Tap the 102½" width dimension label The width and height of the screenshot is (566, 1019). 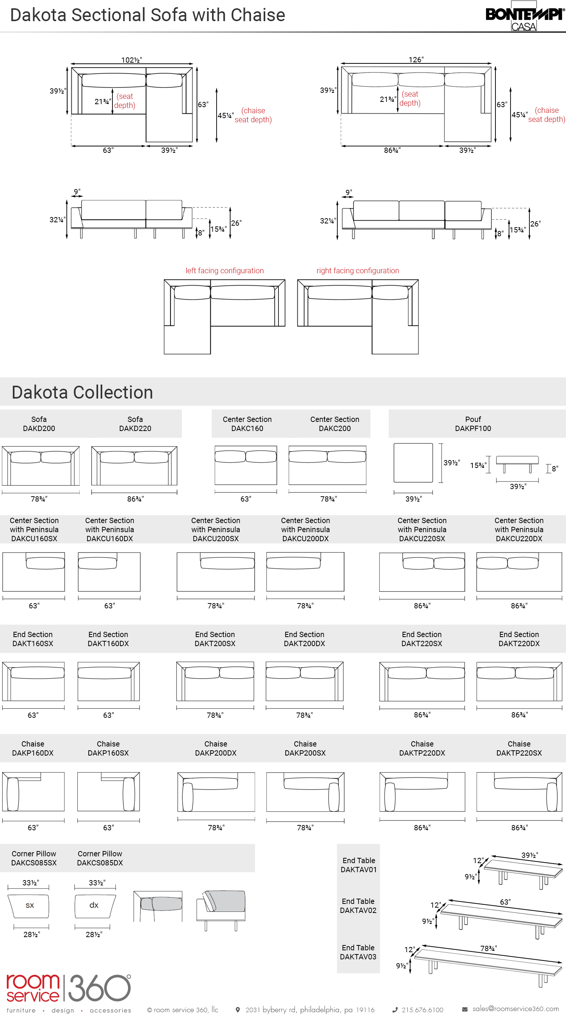(x=131, y=60)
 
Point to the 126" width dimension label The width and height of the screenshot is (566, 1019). (x=416, y=60)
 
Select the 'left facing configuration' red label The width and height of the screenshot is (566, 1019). (x=224, y=271)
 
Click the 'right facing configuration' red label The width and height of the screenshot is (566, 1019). (x=358, y=271)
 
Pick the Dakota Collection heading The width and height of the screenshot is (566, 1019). (x=82, y=393)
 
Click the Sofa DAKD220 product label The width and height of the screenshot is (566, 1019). (x=135, y=424)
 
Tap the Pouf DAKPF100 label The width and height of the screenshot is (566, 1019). (x=473, y=424)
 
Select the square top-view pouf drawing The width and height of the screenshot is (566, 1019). (x=413, y=462)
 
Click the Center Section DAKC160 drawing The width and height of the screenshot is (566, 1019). (x=246, y=465)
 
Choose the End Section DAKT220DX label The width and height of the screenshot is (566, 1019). (x=519, y=639)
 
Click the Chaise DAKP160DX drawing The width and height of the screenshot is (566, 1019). (x=33, y=791)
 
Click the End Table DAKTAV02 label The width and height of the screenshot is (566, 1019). (x=358, y=905)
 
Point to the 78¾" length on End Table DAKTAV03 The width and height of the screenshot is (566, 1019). (x=489, y=948)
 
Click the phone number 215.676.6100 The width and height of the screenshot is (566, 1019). (x=422, y=1010)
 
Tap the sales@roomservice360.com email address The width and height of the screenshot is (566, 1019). (x=515, y=1008)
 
